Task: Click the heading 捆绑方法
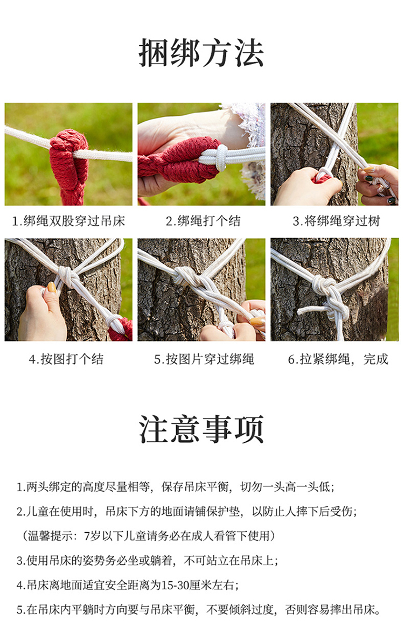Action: [201, 53]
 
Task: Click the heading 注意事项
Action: [201, 429]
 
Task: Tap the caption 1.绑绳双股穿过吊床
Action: [68, 221]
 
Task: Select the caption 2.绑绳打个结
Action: [203, 221]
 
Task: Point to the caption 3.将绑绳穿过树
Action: [336, 221]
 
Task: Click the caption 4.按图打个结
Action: [66, 359]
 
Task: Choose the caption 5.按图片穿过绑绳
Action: [204, 359]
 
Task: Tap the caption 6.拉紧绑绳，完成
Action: [338, 359]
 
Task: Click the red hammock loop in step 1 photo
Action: [69, 164]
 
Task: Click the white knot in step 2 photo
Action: [221, 157]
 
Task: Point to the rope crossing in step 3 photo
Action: [337, 143]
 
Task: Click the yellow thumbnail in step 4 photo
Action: [52, 287]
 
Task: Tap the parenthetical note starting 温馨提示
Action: [148, 535]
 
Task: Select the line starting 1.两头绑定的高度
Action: [176, 487]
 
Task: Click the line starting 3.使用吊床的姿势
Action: [147, 560]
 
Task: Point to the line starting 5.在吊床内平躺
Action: [199, 610]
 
